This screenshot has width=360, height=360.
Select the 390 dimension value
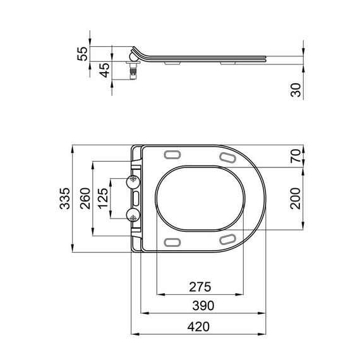click(199, 305)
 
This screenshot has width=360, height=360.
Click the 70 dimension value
click(296, 157)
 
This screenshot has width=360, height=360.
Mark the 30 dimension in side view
click(296, 89)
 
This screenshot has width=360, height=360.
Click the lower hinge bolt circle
click(133, 215)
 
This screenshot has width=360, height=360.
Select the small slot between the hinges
click(135, 199)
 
